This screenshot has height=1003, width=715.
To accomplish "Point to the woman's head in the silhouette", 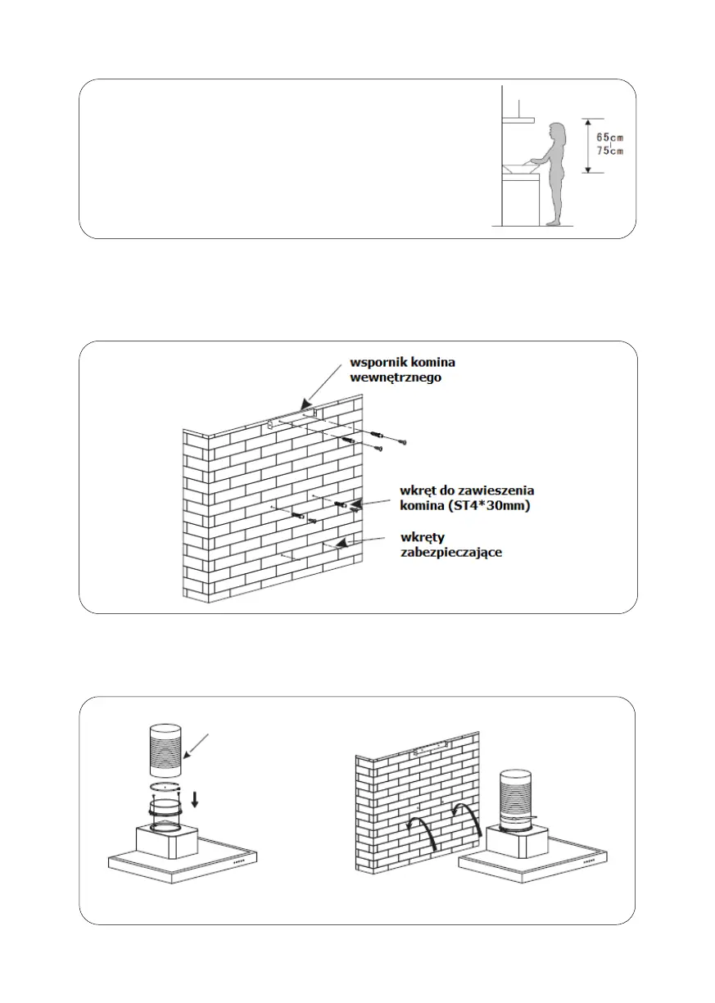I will [557, 132].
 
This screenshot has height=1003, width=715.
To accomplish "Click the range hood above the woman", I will [518, 120].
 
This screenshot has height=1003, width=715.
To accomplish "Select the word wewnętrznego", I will [396, 377].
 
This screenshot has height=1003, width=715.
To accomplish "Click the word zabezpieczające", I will [450, 553].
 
